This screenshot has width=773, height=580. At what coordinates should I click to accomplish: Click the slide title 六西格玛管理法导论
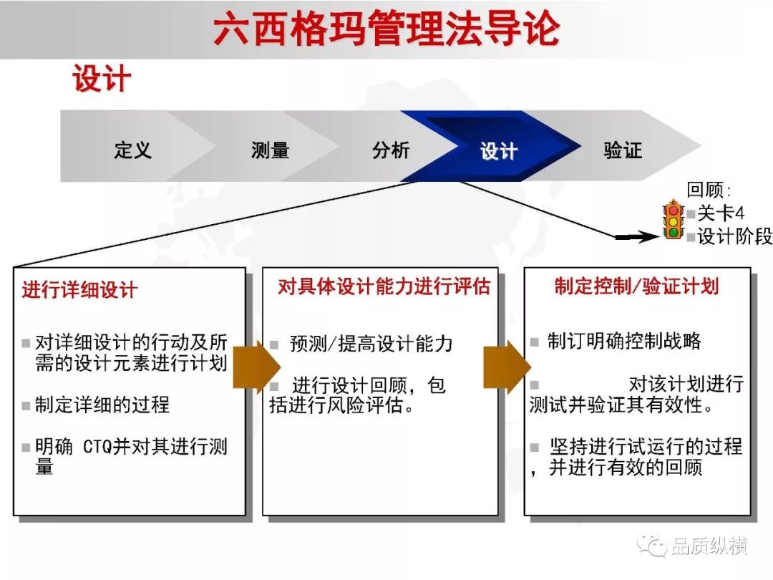(x=386, y=29)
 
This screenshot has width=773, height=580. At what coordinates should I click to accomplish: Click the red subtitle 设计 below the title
(x=102, y=79)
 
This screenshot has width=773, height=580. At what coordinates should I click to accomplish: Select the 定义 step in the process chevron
(x=132, y=150)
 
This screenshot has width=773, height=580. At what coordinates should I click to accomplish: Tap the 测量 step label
(x=270, y=150)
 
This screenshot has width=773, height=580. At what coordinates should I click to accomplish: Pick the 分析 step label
(x=391, y=150)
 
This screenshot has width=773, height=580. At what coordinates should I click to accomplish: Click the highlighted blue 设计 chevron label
(x=499, y=151)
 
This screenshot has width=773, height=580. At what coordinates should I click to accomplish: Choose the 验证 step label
(x=623, y=150)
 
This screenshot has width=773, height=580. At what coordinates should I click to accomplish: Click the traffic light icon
(x=674, y=220)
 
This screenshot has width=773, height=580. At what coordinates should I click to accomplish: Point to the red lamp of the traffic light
(x=674, y=210)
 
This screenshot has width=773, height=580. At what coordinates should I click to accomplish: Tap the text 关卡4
(x=721, y=213)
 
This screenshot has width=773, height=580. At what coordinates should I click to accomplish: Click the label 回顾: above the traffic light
(x=709, y=190)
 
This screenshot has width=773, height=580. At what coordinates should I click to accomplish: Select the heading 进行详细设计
(x=79, y=289)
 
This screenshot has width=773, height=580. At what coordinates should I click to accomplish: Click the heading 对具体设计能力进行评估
(x=384, y=286)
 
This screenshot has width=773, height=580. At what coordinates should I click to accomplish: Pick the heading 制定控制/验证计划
(x=636, y=286)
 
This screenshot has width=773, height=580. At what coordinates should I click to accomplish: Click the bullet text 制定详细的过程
(x=102, y=405)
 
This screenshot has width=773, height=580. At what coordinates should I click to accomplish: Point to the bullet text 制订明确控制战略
(x=624, y=341)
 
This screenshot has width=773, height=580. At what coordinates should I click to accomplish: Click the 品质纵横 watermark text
(x=709, y=546)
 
